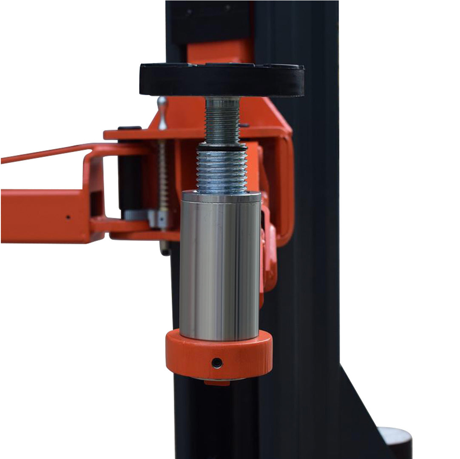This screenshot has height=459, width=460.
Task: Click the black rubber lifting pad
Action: (x=221, y=80)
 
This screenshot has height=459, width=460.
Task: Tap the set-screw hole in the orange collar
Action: (x=217, y=363)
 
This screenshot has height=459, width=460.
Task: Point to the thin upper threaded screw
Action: (x=222, y=121)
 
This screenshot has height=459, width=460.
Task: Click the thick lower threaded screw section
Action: (x=222, y=170)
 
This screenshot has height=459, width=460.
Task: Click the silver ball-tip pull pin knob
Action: (x=162, y=102)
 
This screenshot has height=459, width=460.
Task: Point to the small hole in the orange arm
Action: (x=68, y=217)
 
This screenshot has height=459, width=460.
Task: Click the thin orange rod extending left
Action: (x=43, y=154)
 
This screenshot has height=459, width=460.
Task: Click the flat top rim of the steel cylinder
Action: (x=221, y=197)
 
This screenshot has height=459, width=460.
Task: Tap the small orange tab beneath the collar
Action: (x=217, y=382)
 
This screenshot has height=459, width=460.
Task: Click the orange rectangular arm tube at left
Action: (x=43, y=217)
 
